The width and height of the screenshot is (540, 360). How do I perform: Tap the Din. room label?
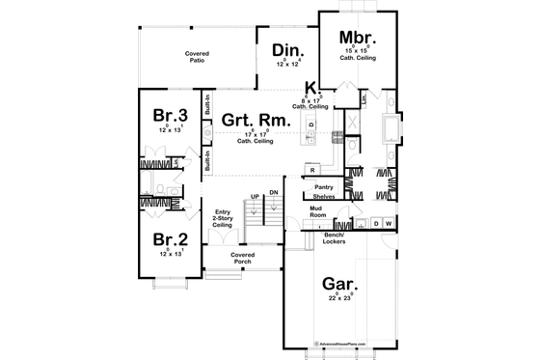coord(288,51)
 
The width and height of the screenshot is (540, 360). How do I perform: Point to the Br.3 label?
coord(168,117)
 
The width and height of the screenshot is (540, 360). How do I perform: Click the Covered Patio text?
coord(197,57)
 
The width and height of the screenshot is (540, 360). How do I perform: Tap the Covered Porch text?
coord(243,258)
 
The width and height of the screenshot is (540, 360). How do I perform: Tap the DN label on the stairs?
coord(274,193)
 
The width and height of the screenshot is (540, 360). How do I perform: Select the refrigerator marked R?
coord(312,170)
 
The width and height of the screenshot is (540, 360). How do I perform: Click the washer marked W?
coord(388,224)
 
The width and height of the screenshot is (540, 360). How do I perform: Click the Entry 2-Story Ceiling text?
coord(223,218)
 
